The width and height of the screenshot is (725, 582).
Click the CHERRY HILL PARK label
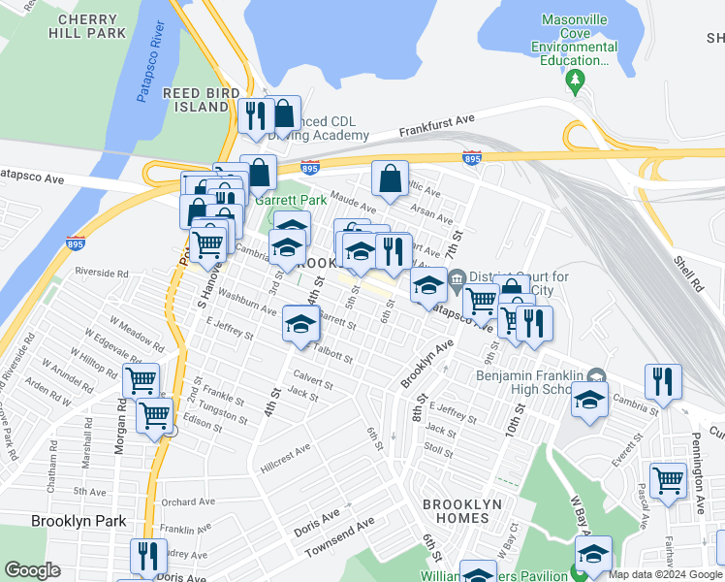pos(93,25)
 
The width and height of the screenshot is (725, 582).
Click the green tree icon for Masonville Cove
pos(576,79)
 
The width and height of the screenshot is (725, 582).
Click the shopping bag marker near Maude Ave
pos(390,179)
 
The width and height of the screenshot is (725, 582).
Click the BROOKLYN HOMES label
pos(462,511)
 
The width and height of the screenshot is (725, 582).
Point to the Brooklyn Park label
pos(79,521)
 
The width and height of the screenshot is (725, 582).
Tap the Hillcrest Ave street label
pos(290,450)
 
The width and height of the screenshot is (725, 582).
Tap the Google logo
pos(32,570)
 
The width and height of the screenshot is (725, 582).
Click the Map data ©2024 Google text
pos(665,574)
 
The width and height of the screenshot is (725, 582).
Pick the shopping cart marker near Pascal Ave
pos(667,479)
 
